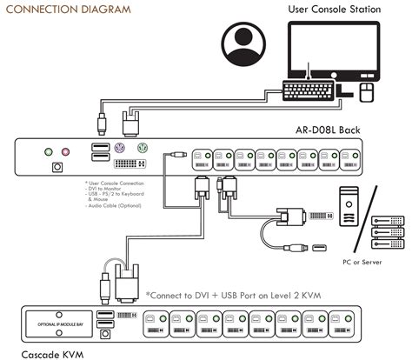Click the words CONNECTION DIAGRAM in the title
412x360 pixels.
[x=69, y=9]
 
